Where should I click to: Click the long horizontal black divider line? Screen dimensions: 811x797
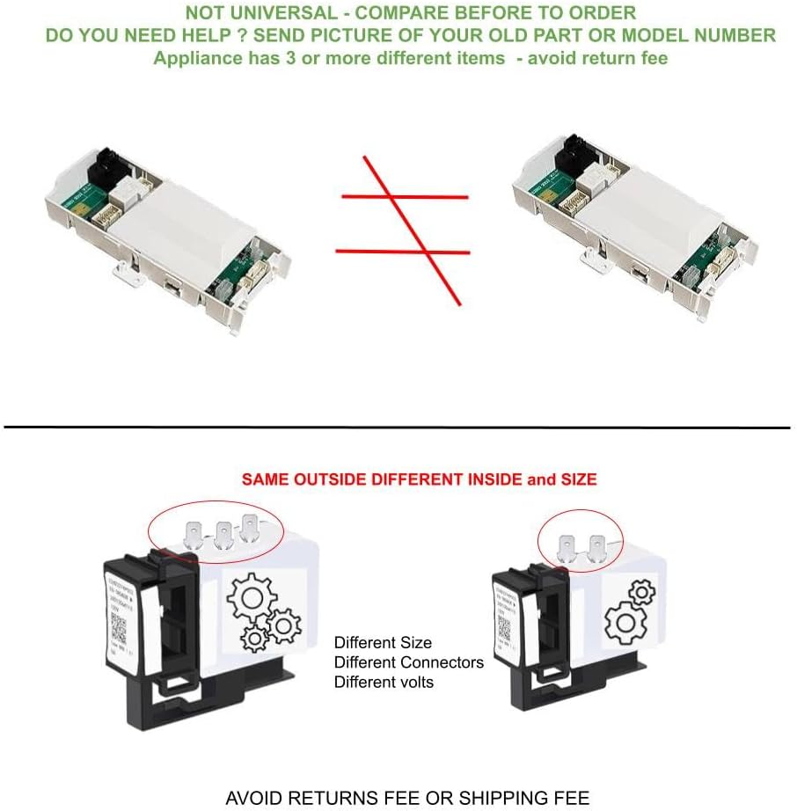coord(398,427)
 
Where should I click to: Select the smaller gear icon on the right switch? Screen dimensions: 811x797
coord(642,590)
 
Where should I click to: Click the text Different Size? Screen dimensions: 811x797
coord(383,642)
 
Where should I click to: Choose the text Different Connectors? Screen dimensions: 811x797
coord(409,661)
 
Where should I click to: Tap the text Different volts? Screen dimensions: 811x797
coord(384,681)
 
